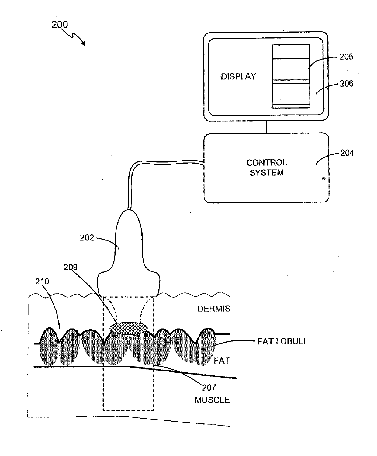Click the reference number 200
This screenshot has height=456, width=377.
pyautogui.click(x=60, y=25)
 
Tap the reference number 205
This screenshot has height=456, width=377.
pyautogui.click(x=346, y=57)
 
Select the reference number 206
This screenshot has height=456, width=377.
pyautogui.click(x=347, y=84)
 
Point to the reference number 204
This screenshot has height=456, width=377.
pyautogui.click(x=347, y=153)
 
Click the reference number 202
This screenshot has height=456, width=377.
pyautogui.click(x=87, y=238)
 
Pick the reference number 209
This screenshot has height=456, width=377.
pyautogui.click(x=71, y=268)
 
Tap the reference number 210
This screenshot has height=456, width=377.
pyautogui.click(x=42, y=282)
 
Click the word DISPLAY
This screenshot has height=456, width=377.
pyautogui.click(x=238, y=77)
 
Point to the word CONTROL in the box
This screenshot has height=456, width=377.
pyautogui.click(x=267, y=163)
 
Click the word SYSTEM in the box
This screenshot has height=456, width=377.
pyautogui.click(x=267, y=173)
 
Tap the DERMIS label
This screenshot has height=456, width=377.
pyautogui.click(x=213, y=309)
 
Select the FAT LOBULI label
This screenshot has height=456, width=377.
pyautogui.click(x=281, y=341)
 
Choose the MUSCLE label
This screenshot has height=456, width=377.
pyautogui.click(x=212, y=400)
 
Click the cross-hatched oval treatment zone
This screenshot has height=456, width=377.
pyautogui.click(x=128, y=328)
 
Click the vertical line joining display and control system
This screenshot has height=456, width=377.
pyautogui.click(x=267, y=127)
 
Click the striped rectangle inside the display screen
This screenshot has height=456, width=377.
pyautogui.click(x=291, y=76)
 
